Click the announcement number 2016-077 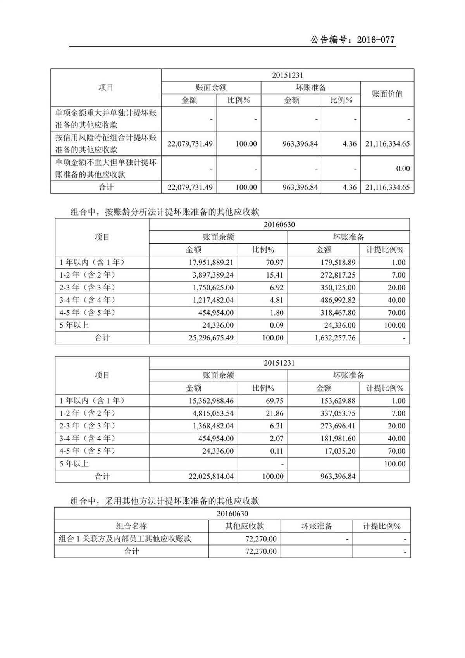[x=375, y=40]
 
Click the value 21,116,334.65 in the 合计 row [x=387, y=187]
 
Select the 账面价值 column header [x=387, y=94]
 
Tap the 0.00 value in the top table [x=403, y=169]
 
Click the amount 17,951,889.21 [x=211, y=263]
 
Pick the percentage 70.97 [x=274, y=263]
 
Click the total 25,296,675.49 [x=211, y=338]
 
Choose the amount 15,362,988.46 [x=211, y=401]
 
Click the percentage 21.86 [x=274, y=413]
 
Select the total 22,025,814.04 [x=211, y=477]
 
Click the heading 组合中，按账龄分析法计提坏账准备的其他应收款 [x=165, y=212]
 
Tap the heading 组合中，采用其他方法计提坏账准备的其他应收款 [x=165, y=501]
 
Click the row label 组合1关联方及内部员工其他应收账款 [x=125, y=539]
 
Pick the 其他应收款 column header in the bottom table [x=245, y=526]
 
